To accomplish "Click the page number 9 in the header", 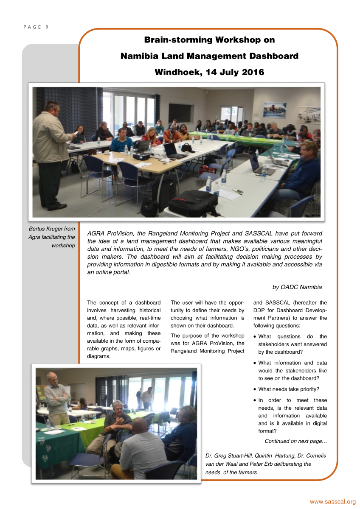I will [47, 27].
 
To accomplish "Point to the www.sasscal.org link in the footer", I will [332, 502].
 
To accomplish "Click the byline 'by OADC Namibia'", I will [297, 287].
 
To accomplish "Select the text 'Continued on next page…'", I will [296, 441].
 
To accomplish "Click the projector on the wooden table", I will [141, 156].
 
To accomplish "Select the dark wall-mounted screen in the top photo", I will [181, 113].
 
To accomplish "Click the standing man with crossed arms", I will [57, 397].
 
